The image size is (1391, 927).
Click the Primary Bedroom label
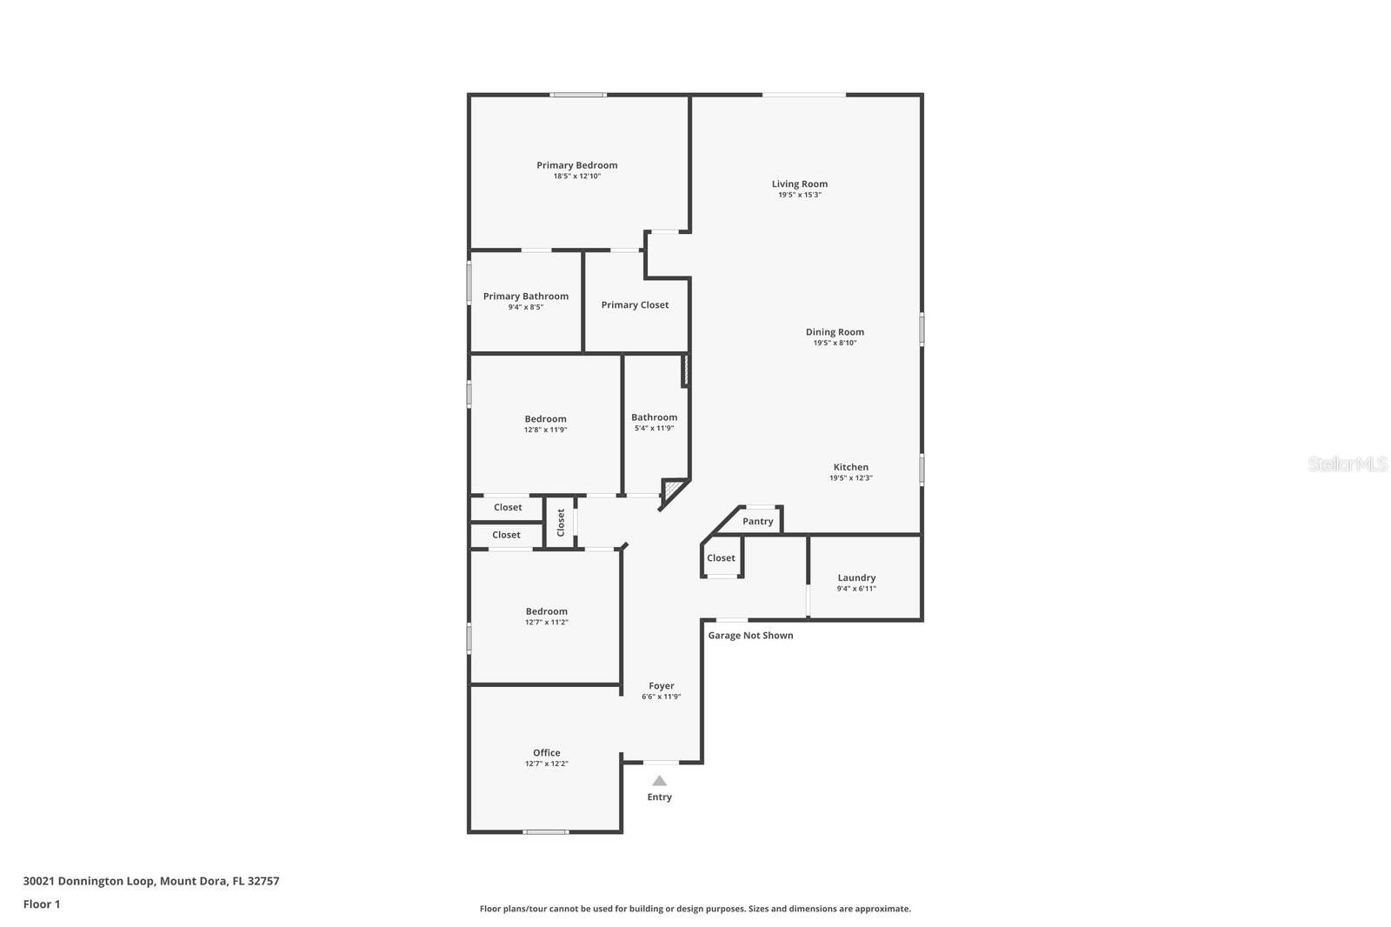coord(576,165)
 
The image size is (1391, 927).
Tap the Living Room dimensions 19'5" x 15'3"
coord(799,195)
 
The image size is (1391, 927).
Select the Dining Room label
coord(835,331)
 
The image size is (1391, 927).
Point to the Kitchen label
coord(850,467)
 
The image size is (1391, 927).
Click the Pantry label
coord(757,522)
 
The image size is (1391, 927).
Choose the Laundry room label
coord(856,577)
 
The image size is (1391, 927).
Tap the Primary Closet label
coord(635,305)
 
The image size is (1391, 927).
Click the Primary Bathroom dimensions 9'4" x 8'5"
coord(525,307)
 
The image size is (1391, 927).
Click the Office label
coord(546,753)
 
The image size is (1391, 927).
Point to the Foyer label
coord(661,686)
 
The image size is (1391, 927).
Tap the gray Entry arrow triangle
coord(659,781)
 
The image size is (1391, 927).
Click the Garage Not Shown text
coord(750,636)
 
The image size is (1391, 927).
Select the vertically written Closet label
coord(561,522)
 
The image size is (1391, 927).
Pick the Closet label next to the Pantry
coord(721,558)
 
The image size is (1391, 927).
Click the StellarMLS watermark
coord(1347,464)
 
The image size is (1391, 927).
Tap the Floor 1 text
coord(42,904)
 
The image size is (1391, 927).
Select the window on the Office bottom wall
coord(545,832)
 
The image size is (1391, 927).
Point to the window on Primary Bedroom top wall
coord(578,95)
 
